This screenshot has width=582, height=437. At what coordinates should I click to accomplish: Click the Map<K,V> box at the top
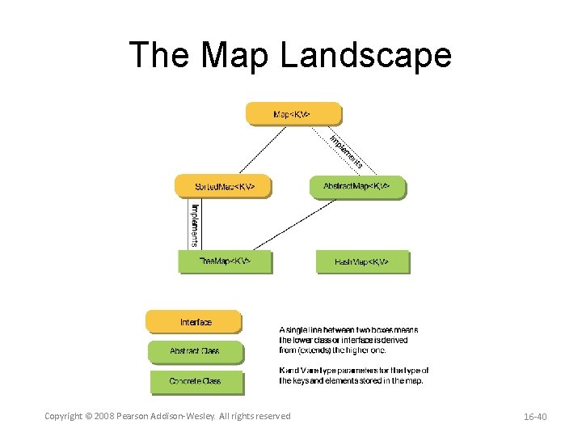[293, 114]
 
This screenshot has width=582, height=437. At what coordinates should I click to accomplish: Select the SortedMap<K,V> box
[223, 186]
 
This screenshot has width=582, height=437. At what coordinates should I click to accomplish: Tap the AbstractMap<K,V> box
[357, 186]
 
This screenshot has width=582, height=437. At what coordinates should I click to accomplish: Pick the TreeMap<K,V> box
[225, 261]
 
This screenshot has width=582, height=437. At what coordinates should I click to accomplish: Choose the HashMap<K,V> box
[362, 261]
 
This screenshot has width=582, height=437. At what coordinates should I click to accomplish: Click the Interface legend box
[194, 322]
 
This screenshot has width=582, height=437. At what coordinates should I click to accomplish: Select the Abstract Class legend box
[195, 351]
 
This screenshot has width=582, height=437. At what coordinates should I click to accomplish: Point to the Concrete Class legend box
[195, 380]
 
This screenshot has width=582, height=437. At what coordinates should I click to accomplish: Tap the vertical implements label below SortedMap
[195, 224]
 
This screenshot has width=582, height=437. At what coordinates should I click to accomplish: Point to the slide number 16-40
[535, 416]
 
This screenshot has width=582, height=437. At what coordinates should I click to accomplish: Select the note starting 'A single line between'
[349, 340]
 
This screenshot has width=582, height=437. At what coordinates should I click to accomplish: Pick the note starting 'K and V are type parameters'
[353, 375]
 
